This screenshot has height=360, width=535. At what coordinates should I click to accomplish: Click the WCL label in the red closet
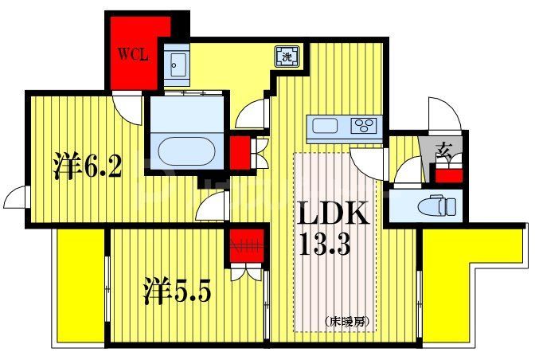(x=134, y=56)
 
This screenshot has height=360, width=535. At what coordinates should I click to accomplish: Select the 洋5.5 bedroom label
(x=177, y=292)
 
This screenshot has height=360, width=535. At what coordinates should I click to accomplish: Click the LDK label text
(x=334, y=214)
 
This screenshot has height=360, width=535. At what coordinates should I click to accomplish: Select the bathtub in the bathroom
(x=186, y=150)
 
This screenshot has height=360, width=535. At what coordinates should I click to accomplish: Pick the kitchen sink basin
(x=326, y=125)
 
